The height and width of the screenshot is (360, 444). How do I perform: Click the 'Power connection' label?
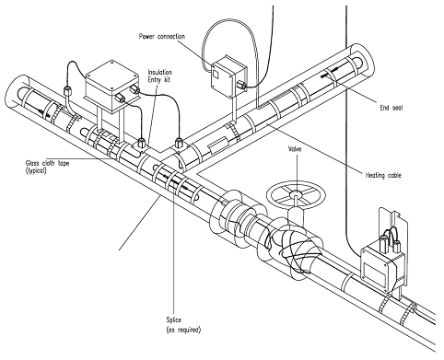pyautogui.click(x=162, y=37)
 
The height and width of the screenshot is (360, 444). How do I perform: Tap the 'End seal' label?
pyautogui.click(x=391, y=108)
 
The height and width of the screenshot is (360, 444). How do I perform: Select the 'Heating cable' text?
pyautogui.click(x=383, y=175)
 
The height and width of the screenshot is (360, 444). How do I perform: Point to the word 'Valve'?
pyautogui.click(x=295, y=149)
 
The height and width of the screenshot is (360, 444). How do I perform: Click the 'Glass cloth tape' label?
pyautogui.click(x=47, y=163)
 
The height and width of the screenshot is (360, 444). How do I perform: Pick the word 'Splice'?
pyautogui.click(x=174, y=319)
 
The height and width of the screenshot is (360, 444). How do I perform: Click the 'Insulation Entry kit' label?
pyautogui.click(x=160, y=75)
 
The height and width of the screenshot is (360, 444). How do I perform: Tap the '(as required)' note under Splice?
pyautogui.click(x=183, y=330)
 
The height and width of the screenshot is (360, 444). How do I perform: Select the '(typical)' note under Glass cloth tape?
pyautogui.click(x=36, y=170)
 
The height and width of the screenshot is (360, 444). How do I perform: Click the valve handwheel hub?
pyautogui.click(x=296, y=193)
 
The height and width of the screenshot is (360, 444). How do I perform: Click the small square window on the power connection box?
pyautogui.click(x=216, y=74)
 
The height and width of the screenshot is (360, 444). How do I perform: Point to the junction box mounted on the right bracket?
pyautogui.click(x=379, y=264)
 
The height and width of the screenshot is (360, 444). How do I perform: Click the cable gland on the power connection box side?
pyautogui.click(x=240, y=84)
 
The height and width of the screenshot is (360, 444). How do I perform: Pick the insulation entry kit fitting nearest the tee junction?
pyautogui.click(x=178, y=144)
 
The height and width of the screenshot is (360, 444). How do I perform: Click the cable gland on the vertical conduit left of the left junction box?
pyautogui.click(x=67, y=90)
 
